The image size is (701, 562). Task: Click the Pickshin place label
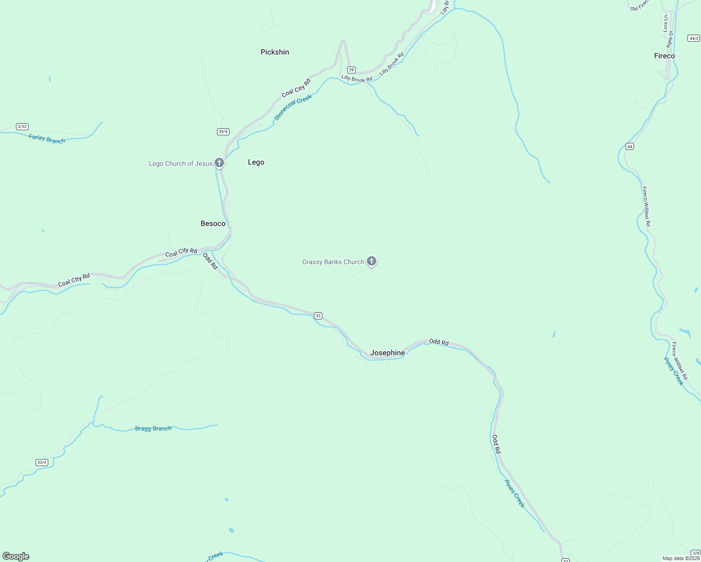coord(275,52)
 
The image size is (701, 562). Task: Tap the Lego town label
coord(256,162)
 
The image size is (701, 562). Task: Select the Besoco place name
coord(213,223)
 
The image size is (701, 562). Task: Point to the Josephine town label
coord(387,353)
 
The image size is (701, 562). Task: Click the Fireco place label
coord(664,56)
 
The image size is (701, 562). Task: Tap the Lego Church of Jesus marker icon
coord(219,163)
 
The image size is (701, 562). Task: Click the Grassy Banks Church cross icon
coord(372,261)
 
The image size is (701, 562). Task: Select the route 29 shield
coord(351,70)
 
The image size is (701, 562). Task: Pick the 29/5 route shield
coord(223,132)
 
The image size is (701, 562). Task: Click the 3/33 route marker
coord(22,126)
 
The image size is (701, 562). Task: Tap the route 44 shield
coord(629,147)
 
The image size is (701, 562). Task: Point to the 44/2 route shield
coord(694,38)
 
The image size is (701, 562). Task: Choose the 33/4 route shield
coord(42,462)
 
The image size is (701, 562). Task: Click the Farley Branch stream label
coord(47,139)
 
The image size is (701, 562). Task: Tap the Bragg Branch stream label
coord(153,429)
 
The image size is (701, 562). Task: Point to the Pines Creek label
coord(515,493)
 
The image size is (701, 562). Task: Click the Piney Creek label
coord(674,371)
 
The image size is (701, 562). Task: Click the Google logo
coord(16,556)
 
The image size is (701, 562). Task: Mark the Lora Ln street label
coord(665,23)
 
